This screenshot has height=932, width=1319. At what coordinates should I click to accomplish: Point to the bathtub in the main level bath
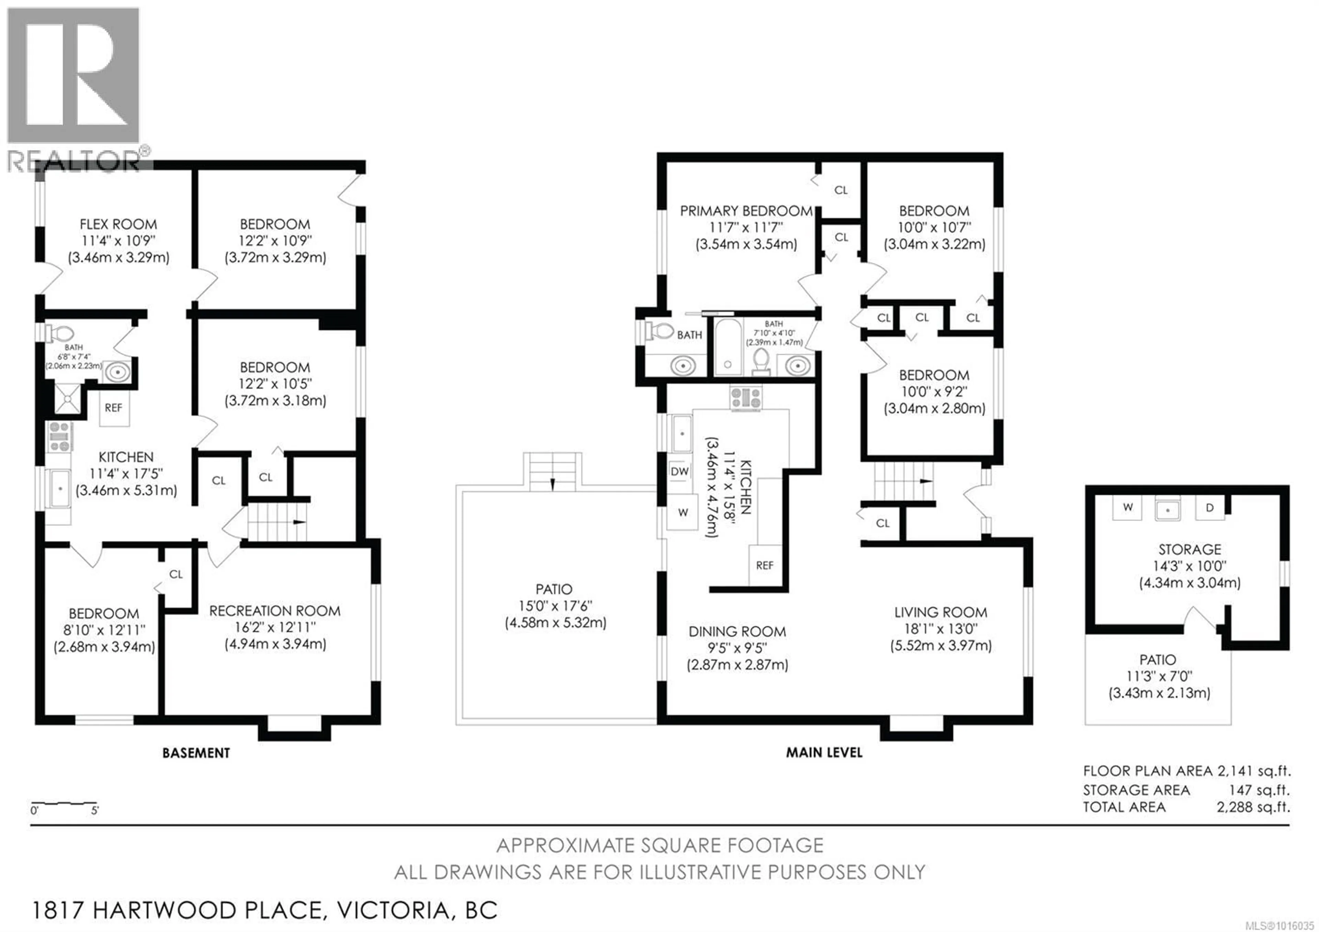click(727, 348)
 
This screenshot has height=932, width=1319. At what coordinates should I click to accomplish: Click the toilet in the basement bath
click(61, 333)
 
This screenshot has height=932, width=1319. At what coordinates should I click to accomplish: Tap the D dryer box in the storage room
click(1209, 508)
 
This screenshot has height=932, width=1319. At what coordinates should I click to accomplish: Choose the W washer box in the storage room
click(1128, 507)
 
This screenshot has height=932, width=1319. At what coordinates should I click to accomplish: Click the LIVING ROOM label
click(940, 612)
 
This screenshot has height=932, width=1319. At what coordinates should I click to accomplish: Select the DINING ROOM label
click(737, 632)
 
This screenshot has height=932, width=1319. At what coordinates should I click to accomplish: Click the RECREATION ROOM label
click(274, 611)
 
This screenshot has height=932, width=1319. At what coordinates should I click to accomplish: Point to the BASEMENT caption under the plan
click(196, 753)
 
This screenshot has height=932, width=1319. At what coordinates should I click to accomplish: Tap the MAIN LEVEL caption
click(824, 752)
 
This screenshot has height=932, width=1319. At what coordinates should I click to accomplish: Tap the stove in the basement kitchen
click(59, 437)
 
